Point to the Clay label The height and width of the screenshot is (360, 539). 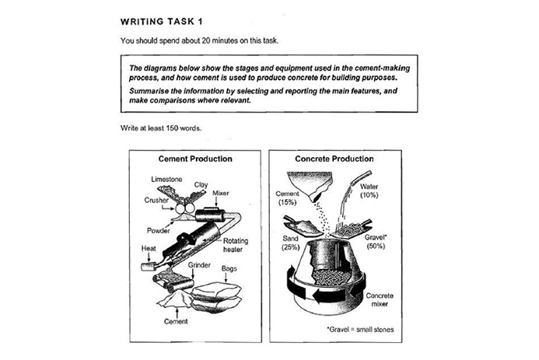[200, 184]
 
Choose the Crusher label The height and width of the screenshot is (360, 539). [156, 200]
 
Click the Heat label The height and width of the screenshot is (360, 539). [148, 249]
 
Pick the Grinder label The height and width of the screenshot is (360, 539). [200, 267]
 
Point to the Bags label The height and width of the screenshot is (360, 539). [229, 268]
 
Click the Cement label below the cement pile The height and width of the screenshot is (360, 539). [177, 321]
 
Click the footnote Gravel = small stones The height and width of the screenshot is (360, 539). [361, 330]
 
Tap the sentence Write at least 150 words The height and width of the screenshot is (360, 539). [161, 128]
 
